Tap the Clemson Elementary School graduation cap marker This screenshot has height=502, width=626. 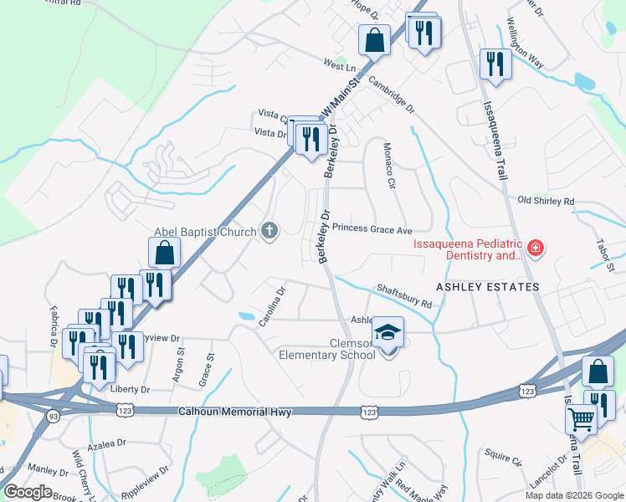(387, 333)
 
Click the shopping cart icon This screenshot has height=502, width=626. (582, 417)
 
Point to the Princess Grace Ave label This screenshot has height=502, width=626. (372, 228)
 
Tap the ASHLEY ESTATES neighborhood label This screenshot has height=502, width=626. (487, 287)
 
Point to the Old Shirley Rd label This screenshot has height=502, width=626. (546, 201)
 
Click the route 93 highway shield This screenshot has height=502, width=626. (53, 416)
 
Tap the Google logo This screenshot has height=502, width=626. (28, 492)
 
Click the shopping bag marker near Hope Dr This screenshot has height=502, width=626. (375, 39)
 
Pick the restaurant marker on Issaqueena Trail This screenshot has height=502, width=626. (495, 64)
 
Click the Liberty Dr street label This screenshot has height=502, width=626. (130, 390)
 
